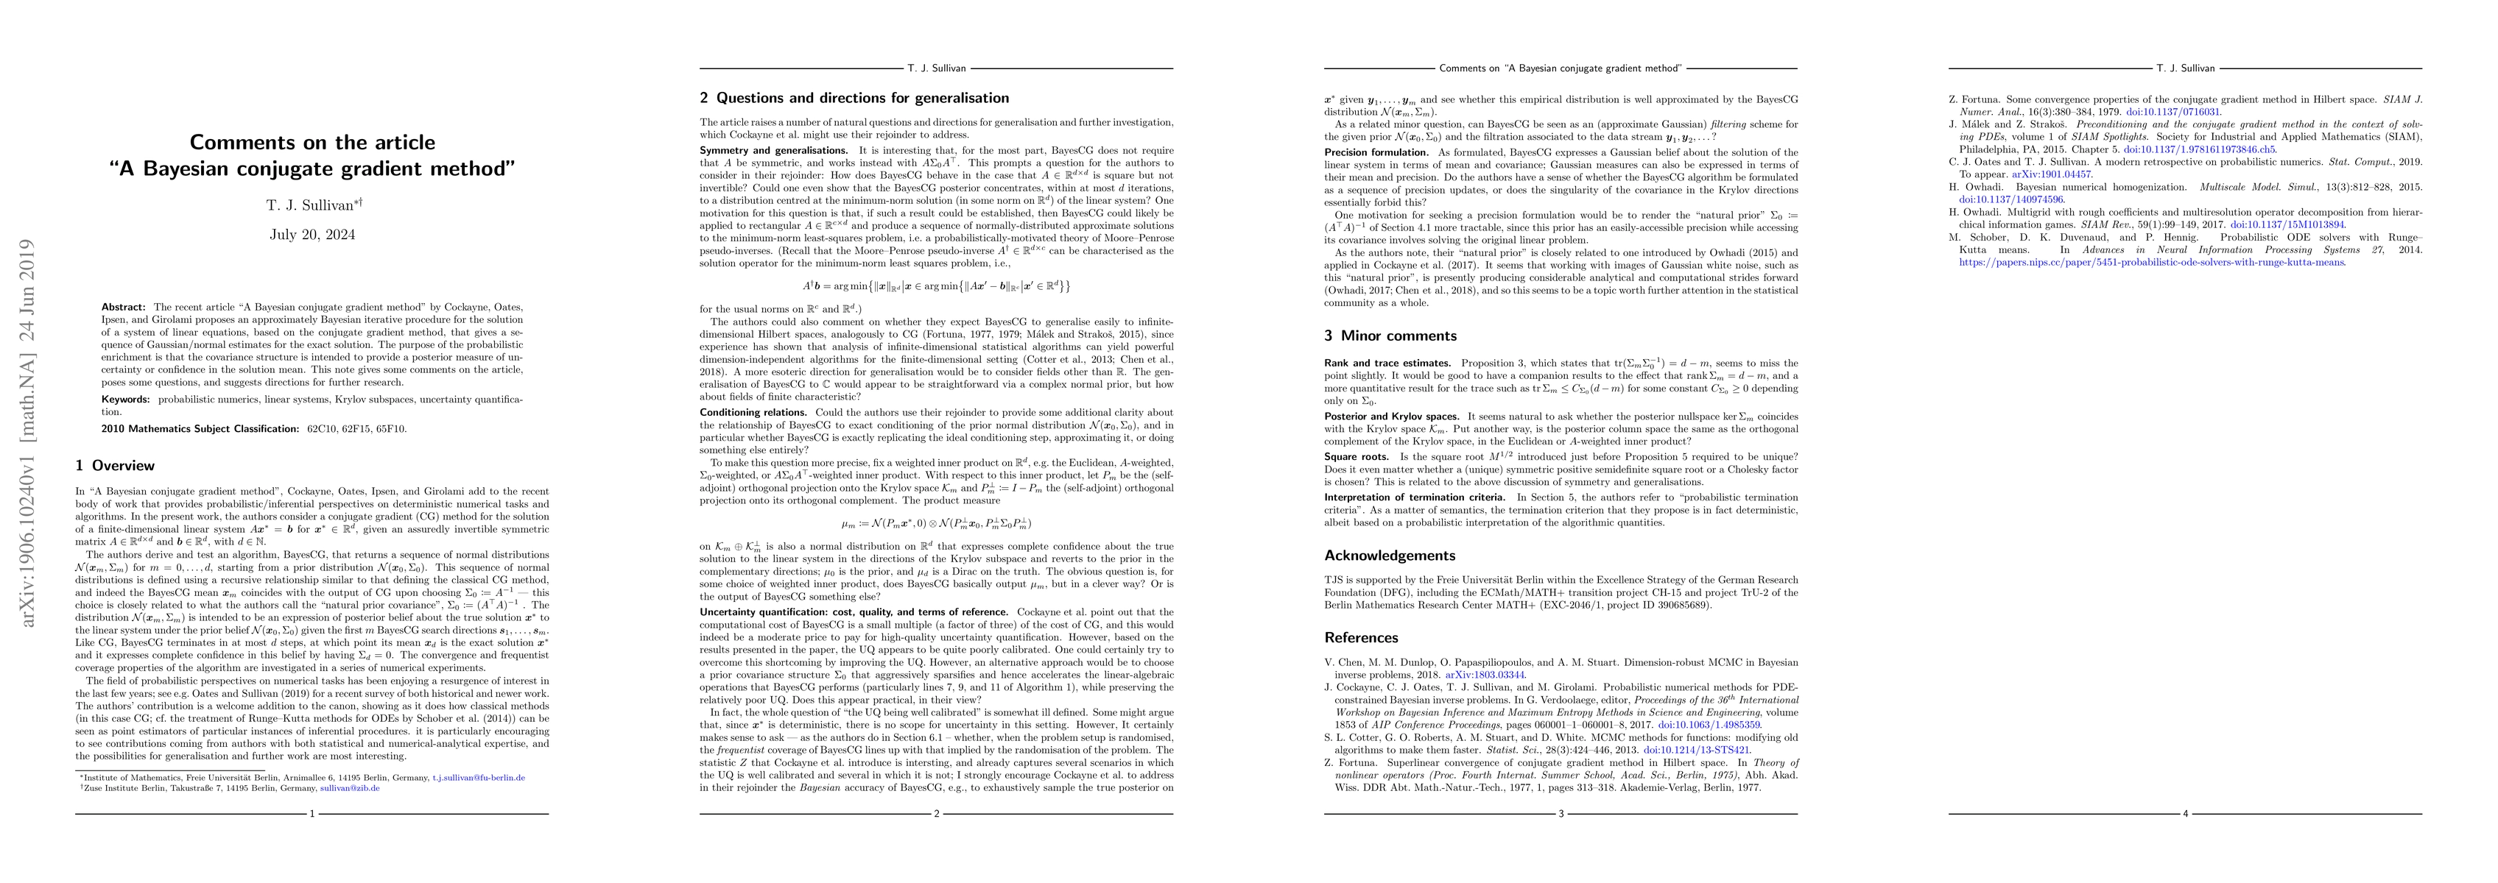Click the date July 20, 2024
(312, 235)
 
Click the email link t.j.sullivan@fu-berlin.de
(478, 777)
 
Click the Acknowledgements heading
(1390, 556)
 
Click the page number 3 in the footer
(1561, 813)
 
